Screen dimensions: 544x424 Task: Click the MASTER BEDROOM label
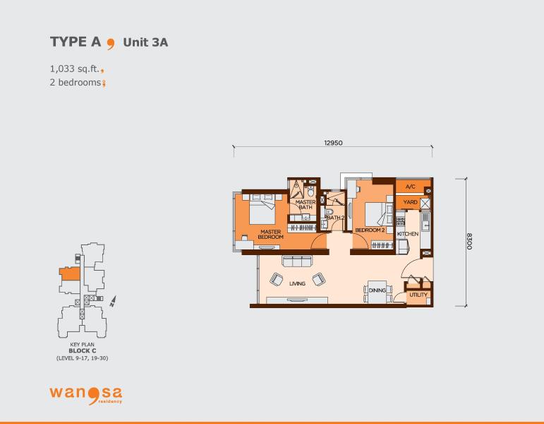click(x=271, y=234)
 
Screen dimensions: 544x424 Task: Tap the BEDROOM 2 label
click(x=370, y=230)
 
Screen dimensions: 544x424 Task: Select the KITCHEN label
click(x=408, y=234)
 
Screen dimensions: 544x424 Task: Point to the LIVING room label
click(x=297, y=283)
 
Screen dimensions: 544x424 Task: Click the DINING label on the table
click(x=377, y=290)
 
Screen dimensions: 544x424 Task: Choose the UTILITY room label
click(x=418, y=295)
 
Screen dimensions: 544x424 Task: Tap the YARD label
click(x=411, y=202)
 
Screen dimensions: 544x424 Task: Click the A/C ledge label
click(x=411, y=187)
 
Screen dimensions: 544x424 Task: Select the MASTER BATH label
click(x=306, y=204)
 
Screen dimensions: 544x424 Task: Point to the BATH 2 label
click(x=335, y=218)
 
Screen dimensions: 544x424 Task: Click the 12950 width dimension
click(x=333, y=143)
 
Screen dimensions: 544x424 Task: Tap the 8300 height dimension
click(x=469, y=241)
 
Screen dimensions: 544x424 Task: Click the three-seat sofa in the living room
click(x=297, y=261)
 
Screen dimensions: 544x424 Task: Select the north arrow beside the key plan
click(x=113, y=301)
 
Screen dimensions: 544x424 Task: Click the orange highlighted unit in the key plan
click(x=70, y=273)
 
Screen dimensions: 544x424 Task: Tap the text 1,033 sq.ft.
click(x=75, y=69)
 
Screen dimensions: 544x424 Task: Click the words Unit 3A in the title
click(x=146, y=42)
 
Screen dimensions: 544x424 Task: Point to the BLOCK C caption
click(x=83, y=351)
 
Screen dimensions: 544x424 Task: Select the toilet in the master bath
click(x=311, y=191)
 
